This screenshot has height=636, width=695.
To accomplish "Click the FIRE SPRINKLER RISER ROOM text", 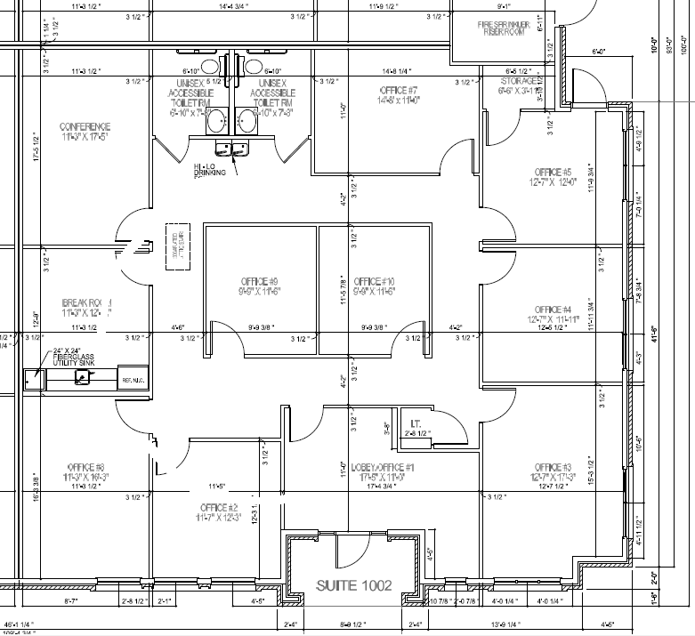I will tap(505, 28).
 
